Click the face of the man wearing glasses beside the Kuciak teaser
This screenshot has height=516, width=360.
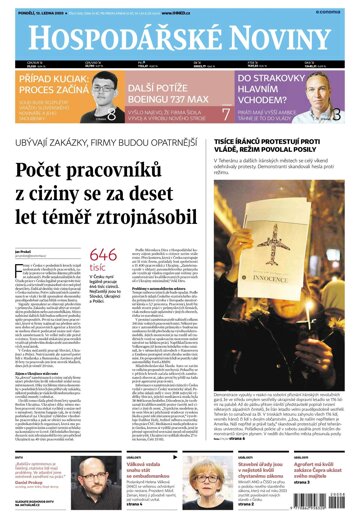(x=104, y=91)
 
